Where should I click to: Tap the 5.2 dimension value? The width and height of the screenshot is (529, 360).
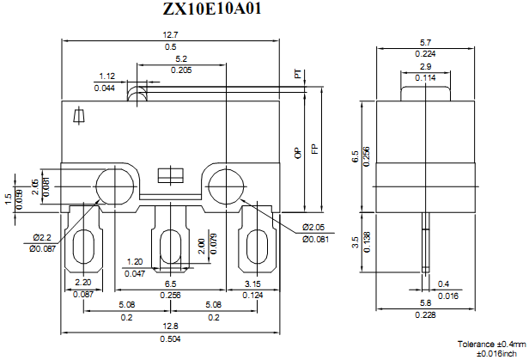tap(181, 59)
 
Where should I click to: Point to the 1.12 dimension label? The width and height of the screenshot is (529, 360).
tap(107, 77)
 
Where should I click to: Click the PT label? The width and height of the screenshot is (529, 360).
tap(298, 76)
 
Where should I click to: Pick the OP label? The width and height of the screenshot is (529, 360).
tap(298, 153)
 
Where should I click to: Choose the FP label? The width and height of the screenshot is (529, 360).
tap(315, 149)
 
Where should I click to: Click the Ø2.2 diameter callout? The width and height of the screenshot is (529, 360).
tap(44, 237)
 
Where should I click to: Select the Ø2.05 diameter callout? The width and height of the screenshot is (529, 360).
tap(315, 228)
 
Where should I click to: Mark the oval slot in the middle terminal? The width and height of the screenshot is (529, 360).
tap(170, 249)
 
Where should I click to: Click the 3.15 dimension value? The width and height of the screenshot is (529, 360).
tap(252, 284)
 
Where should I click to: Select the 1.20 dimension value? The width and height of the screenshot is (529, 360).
tap(134, 262)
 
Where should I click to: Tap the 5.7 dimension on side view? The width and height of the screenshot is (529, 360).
tap(425, 42)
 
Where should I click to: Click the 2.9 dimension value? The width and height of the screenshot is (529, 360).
tap(425, 66)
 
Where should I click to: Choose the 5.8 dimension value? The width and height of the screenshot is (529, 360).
tap(425, 304)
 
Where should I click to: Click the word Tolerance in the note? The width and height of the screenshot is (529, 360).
tap(477, 343)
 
